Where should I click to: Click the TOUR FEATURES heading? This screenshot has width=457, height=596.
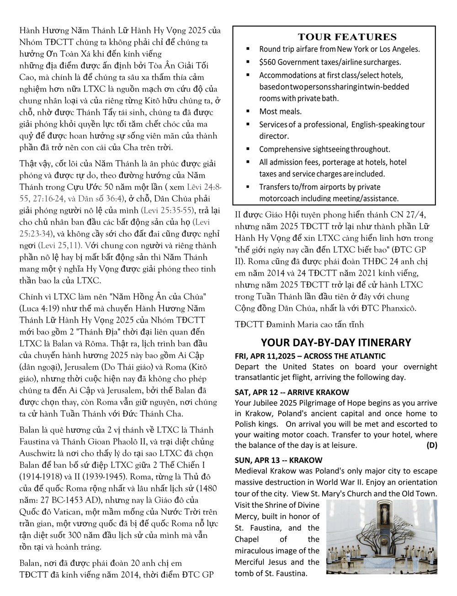pyautogui.click(x=347, y=37)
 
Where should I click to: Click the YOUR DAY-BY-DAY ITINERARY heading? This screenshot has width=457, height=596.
pyautogui.click(x=336, y=342)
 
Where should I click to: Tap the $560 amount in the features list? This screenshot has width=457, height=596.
pyautogui.click(x=267, y=62)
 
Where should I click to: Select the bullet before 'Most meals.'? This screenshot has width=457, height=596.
pyautogui.click(x=248, y=111)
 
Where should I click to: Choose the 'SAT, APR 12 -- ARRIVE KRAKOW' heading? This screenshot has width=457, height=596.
pyautogui.click(x=292, y=392)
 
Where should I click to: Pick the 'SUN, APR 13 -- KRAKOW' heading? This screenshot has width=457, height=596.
pyautogui.click(x=278, y=460)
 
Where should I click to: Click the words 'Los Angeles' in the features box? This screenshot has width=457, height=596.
pyautogui.click(x=403, y=49)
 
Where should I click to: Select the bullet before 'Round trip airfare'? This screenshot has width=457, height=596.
pyautogui.click(x=248, y=48)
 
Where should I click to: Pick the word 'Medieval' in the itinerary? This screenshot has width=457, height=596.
pyautogui.click(x=251, y=471)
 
